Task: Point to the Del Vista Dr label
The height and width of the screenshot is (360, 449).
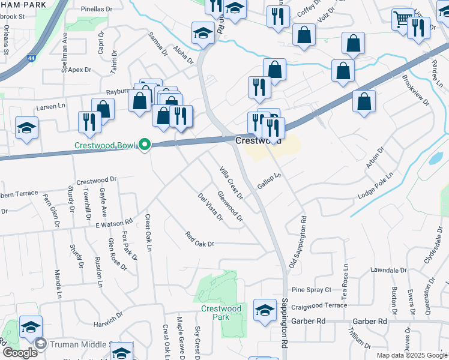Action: pyautogui.click(x=210, y=206)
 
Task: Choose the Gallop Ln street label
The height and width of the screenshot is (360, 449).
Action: pyautogui.click(x=270, y=180)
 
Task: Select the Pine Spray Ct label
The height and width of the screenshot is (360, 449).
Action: pyautogui.click(x=311, y=290)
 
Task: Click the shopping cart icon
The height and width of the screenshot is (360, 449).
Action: pyautogui.click(x=402, y=19)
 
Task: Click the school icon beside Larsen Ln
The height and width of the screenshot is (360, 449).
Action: pyautogui.click(x=26, y=128)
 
